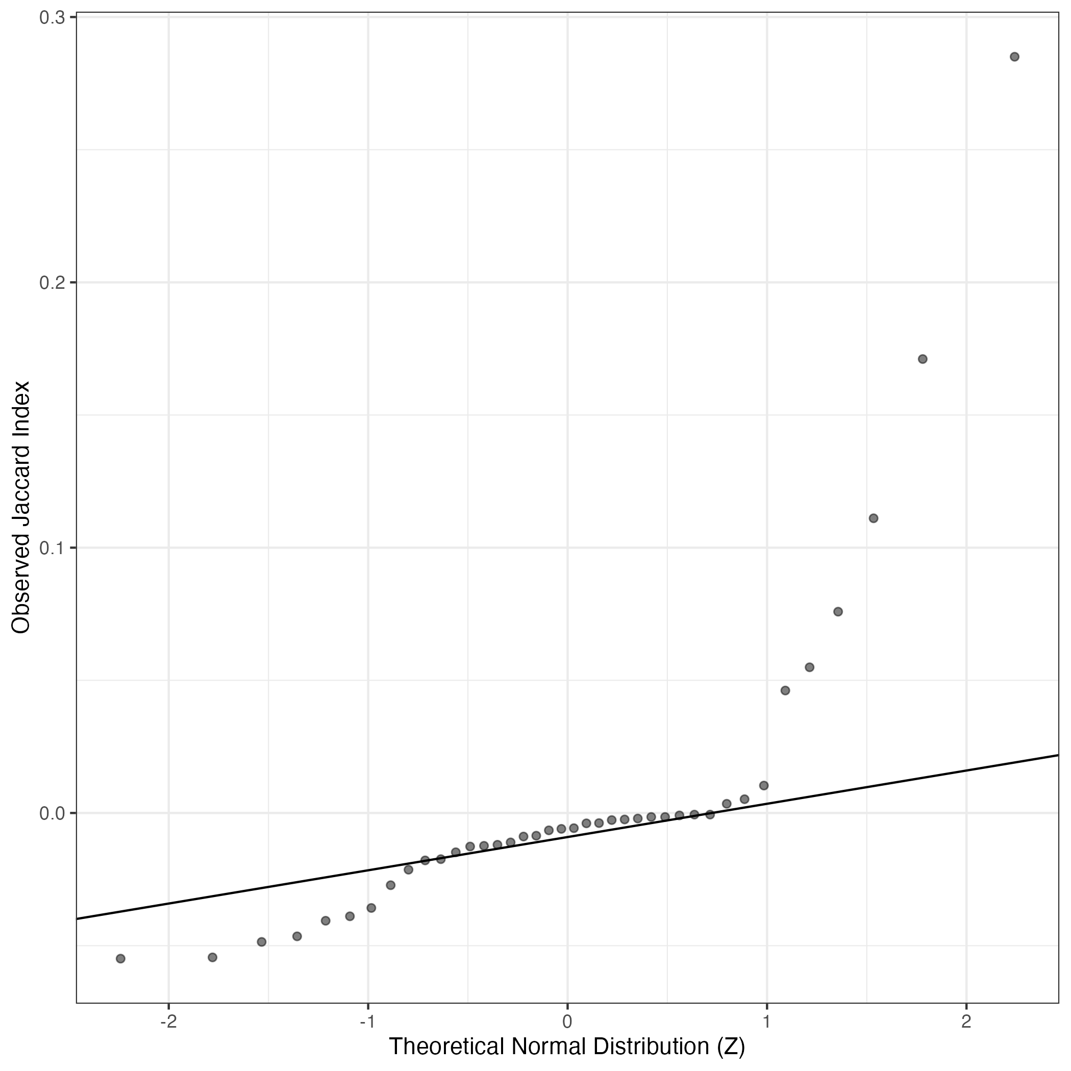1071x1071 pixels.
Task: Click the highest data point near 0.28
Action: click(1014, 57)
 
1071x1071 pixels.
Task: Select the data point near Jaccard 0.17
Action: click(923, 359)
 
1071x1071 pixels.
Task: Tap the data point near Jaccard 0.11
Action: click(873, 518)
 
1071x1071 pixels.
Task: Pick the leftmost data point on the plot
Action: click(120, 958)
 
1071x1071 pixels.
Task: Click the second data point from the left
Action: click(212, 957)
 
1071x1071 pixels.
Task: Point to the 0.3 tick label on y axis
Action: click(52, 18)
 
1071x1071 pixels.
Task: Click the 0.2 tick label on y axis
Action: click(52, 283)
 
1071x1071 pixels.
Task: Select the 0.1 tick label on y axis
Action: click(52, 547)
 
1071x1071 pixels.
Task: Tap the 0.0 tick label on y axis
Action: click(52, 813)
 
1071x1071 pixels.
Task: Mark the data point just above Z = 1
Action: click(763, 785)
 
